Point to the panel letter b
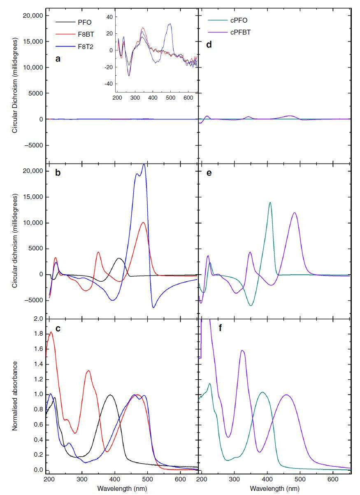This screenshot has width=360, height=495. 58,173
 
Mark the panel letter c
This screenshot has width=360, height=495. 58,328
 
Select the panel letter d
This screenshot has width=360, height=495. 209,44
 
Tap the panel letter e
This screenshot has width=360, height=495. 209,173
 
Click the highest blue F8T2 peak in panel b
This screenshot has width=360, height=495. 144,164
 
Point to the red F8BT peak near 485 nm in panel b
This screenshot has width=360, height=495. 143,222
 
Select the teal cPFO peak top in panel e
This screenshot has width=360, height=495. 270,202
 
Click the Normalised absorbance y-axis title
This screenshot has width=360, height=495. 15,395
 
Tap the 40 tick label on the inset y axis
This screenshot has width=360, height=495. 109,17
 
